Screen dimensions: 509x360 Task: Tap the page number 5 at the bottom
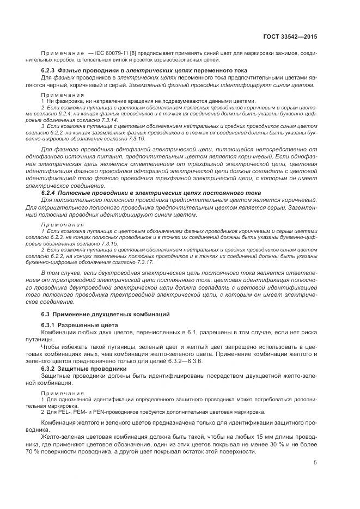[315, 463]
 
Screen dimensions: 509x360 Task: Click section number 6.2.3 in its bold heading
[51, 71]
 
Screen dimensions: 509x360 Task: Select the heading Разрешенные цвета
[82, 325]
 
